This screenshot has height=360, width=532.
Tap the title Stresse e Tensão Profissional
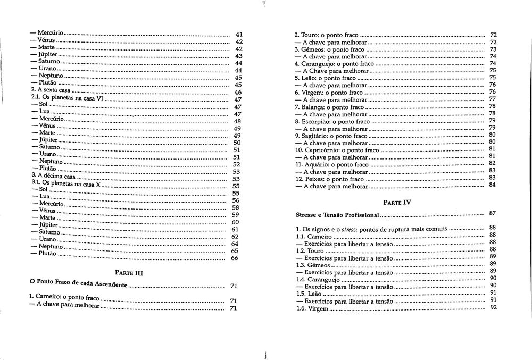(337, 215)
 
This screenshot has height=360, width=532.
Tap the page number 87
(493, 213)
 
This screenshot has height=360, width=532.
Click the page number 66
(234, 258)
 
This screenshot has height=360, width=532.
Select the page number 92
(493, 307)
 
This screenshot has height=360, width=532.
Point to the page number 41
(239, 35)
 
